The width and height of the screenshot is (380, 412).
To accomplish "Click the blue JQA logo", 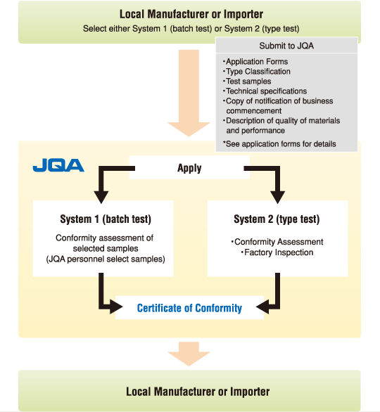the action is tap(58, 165).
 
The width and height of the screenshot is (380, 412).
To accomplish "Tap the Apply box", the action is tap(189, 167).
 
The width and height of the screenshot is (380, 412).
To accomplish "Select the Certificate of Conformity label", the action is tap(189, 308).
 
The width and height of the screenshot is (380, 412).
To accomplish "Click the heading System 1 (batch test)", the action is tap(106, 219).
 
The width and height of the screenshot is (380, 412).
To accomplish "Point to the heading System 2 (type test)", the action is tap(277, 219).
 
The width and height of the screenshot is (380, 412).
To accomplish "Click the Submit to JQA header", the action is tap(286, 46).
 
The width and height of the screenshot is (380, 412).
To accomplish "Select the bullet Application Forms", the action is tap(255, 61).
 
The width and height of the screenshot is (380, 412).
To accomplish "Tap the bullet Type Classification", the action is tap(257, 72).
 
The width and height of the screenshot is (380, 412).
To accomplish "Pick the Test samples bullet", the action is tap(247, 81).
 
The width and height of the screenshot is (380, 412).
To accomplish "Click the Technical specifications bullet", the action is tap(265, 91).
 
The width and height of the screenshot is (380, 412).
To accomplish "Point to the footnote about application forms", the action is tap(279, 144).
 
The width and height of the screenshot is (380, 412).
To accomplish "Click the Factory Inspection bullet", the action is tap(277, 252).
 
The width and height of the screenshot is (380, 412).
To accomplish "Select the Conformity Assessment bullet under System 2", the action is tap(277, 242).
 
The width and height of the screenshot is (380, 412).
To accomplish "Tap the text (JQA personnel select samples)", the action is tap(106, 259).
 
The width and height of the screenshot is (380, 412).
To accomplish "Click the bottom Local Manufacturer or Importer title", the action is tap(198, 392).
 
